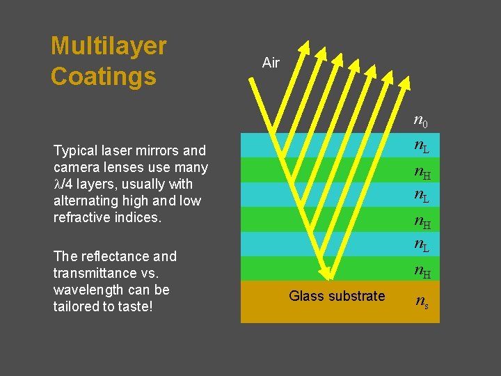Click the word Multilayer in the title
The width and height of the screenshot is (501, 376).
109,47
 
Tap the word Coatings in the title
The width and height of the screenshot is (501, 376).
103,77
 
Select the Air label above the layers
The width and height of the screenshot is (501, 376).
271,63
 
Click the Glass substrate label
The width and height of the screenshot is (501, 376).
337,296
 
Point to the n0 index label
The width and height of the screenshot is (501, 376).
420,123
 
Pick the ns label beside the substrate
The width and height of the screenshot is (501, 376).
421,301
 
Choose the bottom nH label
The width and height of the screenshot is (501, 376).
421,270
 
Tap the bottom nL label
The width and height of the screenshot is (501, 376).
421,244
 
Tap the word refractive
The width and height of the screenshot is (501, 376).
83,218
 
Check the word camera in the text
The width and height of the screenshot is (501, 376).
74,167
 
